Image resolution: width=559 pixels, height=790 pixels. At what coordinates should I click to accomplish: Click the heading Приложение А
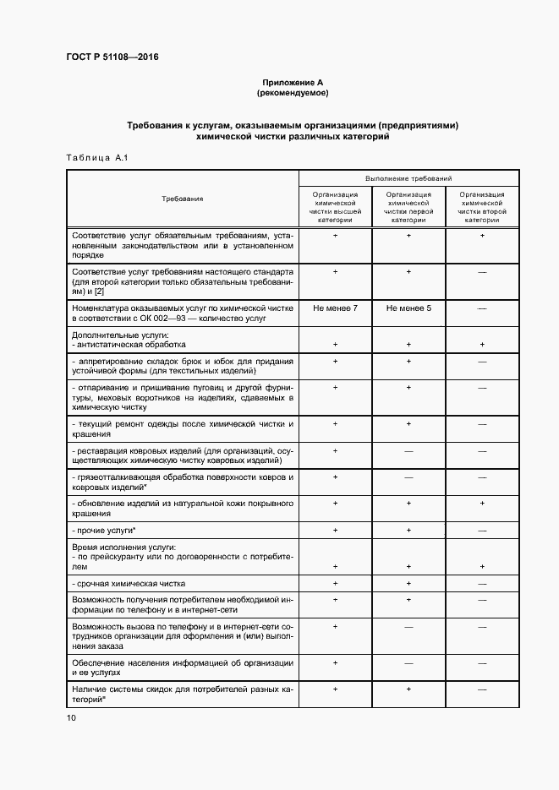pyautogui.click(x=293, y=81)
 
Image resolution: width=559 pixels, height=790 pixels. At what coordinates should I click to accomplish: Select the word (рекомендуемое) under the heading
pyautogui.click(x=293, y=92)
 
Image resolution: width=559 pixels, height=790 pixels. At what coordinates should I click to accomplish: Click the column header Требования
pyautogui.click(x=183, y=199)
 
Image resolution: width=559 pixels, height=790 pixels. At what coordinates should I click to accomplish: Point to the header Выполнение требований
pyautogui.click(x=408, y=179)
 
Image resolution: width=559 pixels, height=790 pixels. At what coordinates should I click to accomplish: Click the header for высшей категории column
pyautogui.click(x=335, y=207)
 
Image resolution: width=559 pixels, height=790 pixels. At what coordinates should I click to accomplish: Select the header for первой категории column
pyautogui.click(x=408, y=207)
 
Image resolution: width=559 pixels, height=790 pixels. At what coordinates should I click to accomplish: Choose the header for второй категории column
pyautogui.click(x=482, y=207)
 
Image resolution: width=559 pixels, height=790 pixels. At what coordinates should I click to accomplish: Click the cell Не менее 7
pyautogui.click(x=335, y=308)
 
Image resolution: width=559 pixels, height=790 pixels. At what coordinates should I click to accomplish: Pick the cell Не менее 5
pyautogui.click(x=408, y=308)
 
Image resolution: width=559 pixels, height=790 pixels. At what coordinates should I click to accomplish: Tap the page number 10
pyautogui.click(x=71, y=717)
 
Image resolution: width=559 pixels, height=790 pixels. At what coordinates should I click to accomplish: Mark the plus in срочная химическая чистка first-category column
pyautogui.click(x=408, y=584)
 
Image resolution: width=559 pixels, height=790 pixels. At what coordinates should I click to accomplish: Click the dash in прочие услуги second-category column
pyautogui.click(x=482, y=530)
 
